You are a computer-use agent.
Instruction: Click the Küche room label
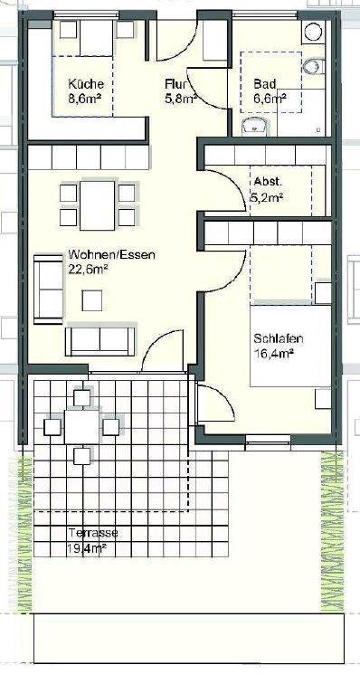86,84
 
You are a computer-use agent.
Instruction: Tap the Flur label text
175,84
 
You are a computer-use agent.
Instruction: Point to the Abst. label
268,180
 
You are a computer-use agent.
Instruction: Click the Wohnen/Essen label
110,255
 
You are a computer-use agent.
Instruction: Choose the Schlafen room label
278,339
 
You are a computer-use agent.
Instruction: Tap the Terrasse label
91,534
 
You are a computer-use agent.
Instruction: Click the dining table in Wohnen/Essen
97,204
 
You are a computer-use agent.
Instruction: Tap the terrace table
82,425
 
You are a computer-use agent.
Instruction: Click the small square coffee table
91,300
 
